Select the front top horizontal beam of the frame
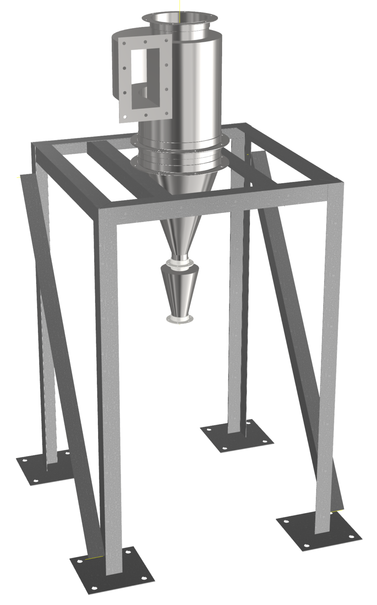click(218, 198)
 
